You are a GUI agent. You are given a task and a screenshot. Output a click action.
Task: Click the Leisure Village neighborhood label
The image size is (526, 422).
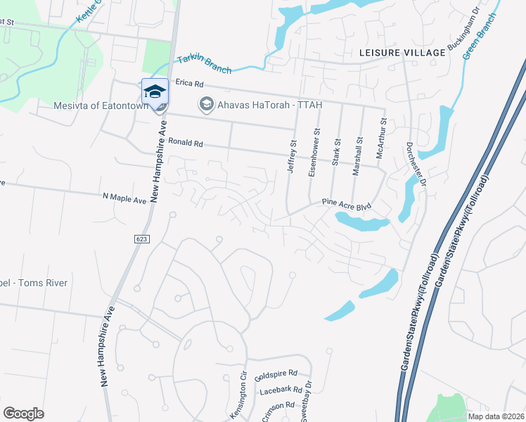pyautogui.click(x=402, y=53)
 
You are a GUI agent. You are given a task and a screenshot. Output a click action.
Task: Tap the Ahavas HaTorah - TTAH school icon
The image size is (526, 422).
pyautogui.click(x=206, y=105)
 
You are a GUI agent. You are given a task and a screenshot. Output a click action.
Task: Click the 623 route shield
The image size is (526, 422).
pyautogui.click(x=141, y=239)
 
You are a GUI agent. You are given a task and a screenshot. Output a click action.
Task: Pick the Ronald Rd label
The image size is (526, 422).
pyautogui.click(x=186, y=143)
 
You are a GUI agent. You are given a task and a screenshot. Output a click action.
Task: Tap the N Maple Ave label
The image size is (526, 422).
pyautogui.click(x=124, y=200)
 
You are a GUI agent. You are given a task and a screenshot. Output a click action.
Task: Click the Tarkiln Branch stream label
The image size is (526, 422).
pyautogui.click(x=204, y=63)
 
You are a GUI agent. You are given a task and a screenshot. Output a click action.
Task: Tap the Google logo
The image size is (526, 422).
pyautogui.click(x=23, y=414)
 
